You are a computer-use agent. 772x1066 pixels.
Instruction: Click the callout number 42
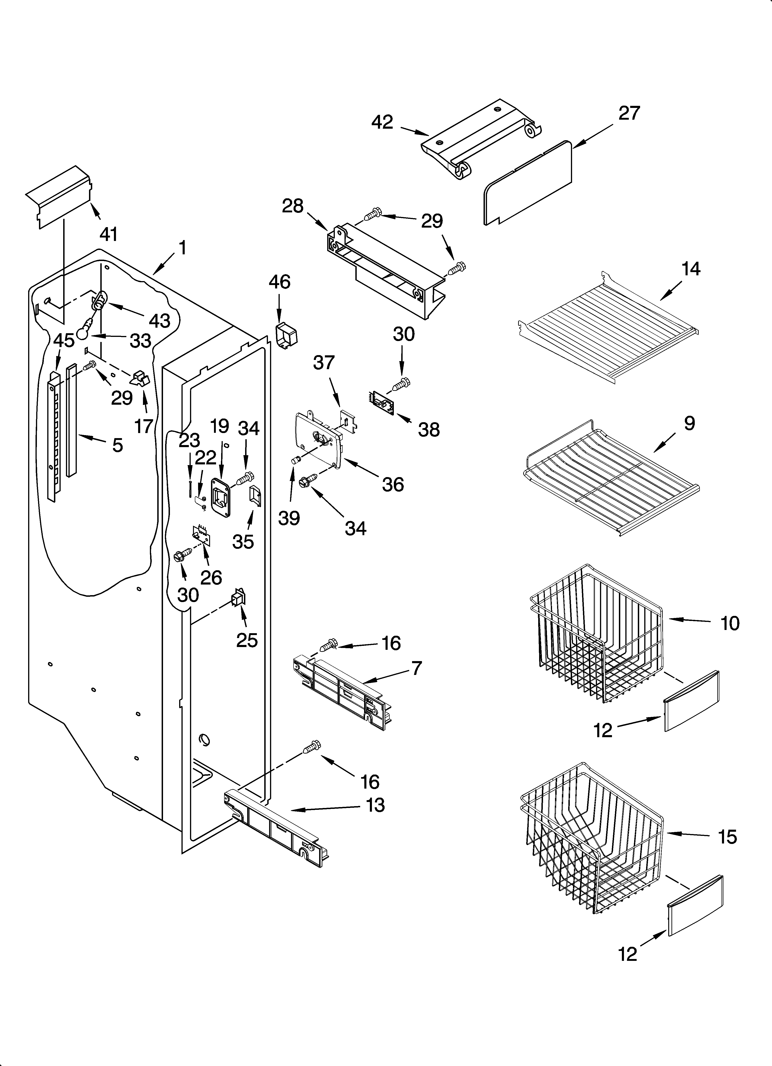pos(382,122)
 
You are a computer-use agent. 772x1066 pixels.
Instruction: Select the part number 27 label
pos(629,113)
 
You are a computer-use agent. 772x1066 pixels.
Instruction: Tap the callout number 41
pos(109,234)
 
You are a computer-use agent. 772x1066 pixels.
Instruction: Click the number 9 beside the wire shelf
pos(689,424)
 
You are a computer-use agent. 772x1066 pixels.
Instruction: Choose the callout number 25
pos(247,640)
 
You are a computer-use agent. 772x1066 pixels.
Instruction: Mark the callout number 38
pos(429,430)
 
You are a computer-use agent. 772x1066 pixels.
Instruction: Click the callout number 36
pos(393,484)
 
